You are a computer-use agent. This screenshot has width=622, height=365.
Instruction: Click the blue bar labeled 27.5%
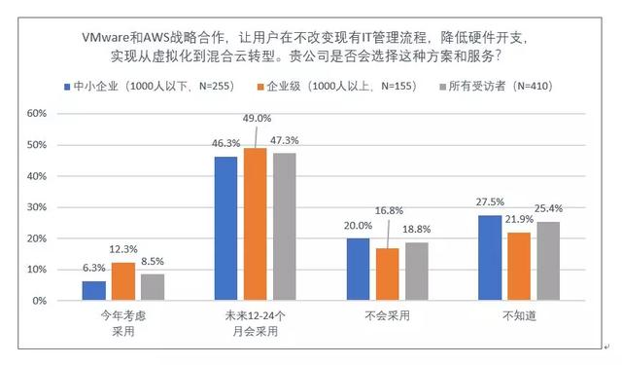(x=492, y=258)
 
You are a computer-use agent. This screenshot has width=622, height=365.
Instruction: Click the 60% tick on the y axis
(x=36, y=114)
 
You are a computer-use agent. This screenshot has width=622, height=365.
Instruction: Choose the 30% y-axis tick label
(x=36, y=207)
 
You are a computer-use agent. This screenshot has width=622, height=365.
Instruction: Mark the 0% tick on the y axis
(x=39, y=301)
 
